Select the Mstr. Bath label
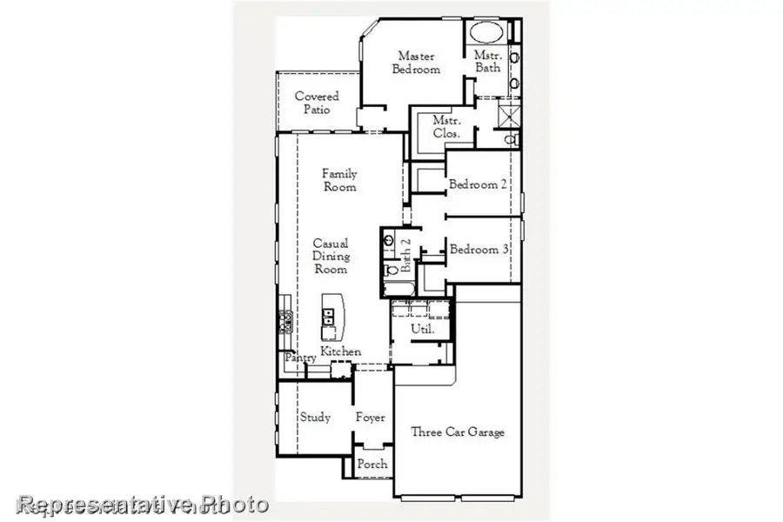pyautogui.click(x=487, y=61)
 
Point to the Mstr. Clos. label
pyautogui.click(x=446, y=126)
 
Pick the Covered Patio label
pyautogui.click(x=317, y=103)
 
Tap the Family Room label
pyautogui.click(x=339, y=180)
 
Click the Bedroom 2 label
pyautogui.click(x=478, y=184)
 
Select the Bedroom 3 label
pyautogui.click(x=478, y=250)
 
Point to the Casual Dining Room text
pyautogui.click(x=331, y=256)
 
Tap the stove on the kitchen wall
pyautogui.click(x=283, y=322)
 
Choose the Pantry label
pyautogui.click(x=299, y=358)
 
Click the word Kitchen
pyautogui.click(x=340, y=351)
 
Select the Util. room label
pyautogui.click(x=422, y=329)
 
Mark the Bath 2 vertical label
pyautogui.click(x=405, y=251)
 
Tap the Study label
pyautogui.click(x=315, y=418)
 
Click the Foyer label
pyautogui.click(x=371, y=418)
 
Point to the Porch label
pyautogui.click(x=372, y=465)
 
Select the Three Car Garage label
pyautogui.click(x=458, y=432)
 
